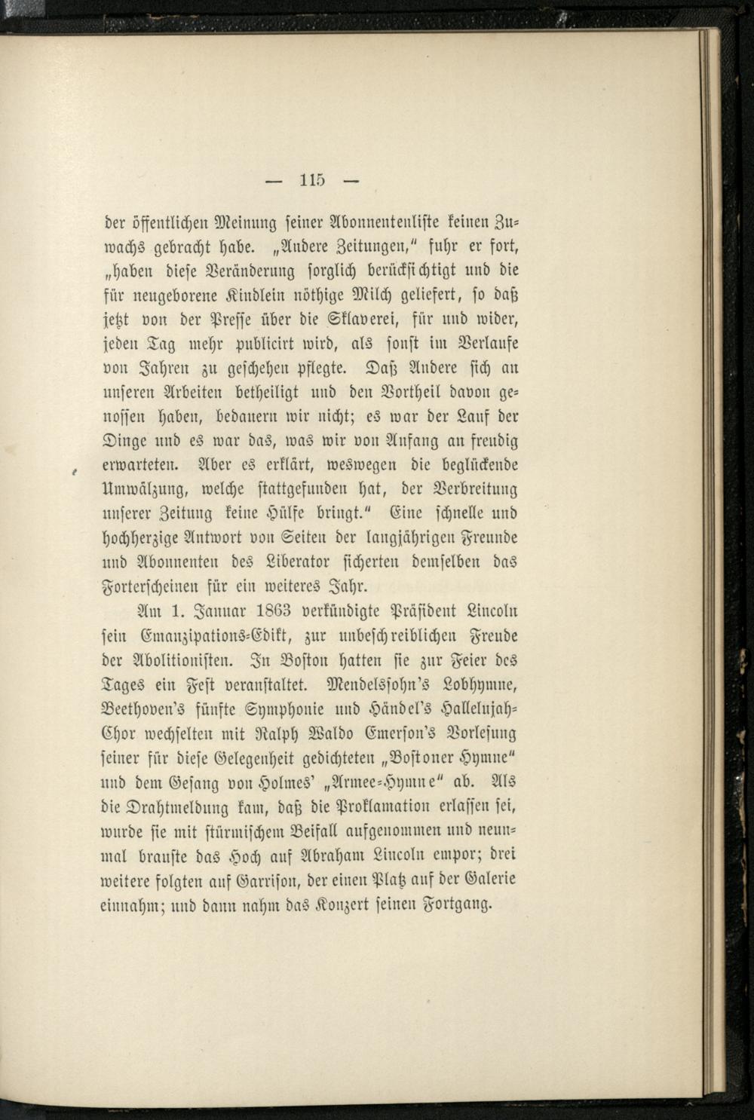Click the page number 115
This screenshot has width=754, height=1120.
tap(311, 181)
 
